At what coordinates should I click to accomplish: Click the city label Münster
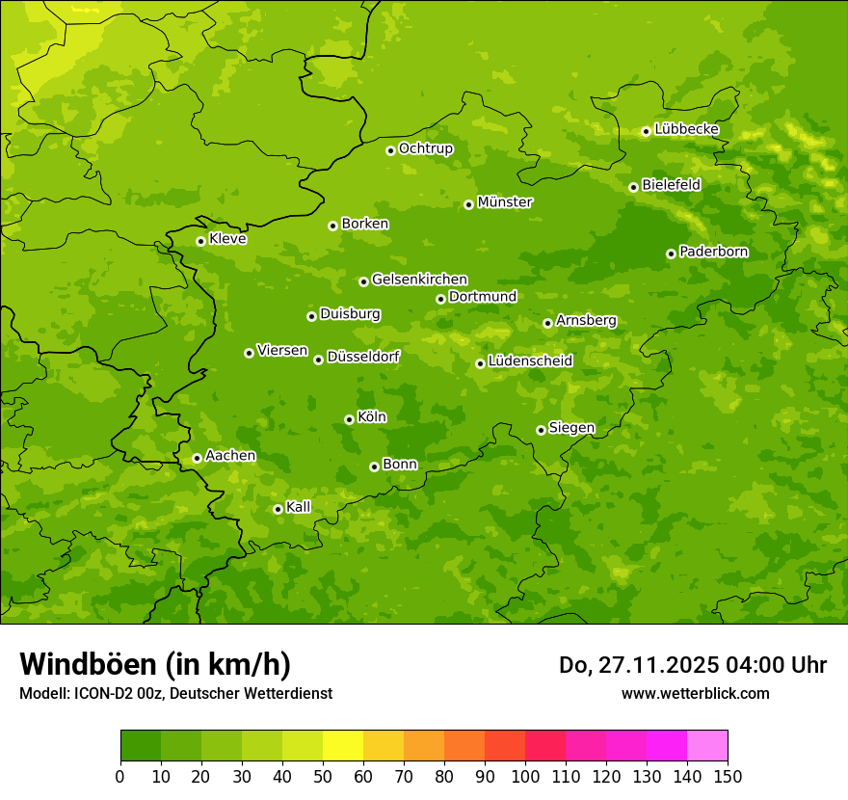click(x=505, y=202)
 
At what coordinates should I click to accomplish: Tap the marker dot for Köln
click(x=349, y=419)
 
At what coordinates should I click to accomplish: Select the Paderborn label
click(x=714, y=252)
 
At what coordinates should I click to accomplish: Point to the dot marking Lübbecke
click(x=646, y=131)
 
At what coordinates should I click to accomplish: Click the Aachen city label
click(x=230, y=456)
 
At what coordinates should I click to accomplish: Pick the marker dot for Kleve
click(x=200, y=241)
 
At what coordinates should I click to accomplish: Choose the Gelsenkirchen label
click(x=419, y=280)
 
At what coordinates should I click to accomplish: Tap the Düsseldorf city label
click(x=363, y=357)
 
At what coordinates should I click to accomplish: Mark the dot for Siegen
click(x=541, y=430)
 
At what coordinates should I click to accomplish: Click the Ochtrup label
click(x=426, y=148)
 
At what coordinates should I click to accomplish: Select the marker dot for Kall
click(x=278, y=509)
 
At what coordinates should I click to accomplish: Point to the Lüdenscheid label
click(x=530, y=361)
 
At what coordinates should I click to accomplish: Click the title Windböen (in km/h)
click(x=155, y=664)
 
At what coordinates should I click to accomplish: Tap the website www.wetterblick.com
click(x=695, y=693)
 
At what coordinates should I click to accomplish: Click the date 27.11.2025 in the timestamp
click(x=654, y=665)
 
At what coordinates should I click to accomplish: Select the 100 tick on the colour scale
click(x=525, y=776)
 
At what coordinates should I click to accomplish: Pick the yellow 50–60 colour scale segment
click(x=343, y=746)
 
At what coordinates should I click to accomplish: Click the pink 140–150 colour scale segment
click(x=707, y=746)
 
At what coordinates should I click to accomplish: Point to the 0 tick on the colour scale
click(x=120, y=776)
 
